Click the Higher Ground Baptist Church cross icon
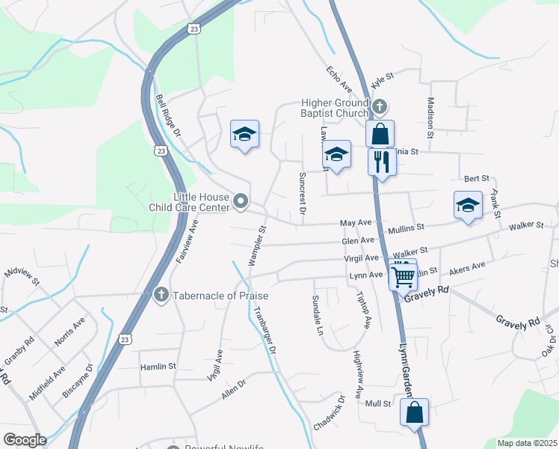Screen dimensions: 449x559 (x=380, y=106)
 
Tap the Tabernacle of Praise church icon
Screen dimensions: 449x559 (x=161, y=296)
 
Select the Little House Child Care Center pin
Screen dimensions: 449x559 (x=241, y=201)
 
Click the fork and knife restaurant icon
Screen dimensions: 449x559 (x=382, y=162)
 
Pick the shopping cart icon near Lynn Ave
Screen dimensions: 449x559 (x=403, y=277)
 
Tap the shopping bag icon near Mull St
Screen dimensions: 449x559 (x=414, y=412)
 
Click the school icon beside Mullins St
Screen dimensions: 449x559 (x=468, y=206)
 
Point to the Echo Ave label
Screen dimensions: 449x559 (x=339, y=80)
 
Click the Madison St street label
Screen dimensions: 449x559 (x=430, y=118)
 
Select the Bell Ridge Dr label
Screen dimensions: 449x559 (x=169, y=114)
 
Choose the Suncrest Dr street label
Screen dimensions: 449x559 (x=303, y=194)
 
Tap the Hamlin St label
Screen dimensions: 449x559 (x=158, y=367)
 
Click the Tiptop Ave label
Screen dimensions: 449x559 (x=363, y=311)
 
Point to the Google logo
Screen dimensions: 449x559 (x=25, y=440)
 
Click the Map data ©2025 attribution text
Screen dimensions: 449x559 (x=526, y=443)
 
